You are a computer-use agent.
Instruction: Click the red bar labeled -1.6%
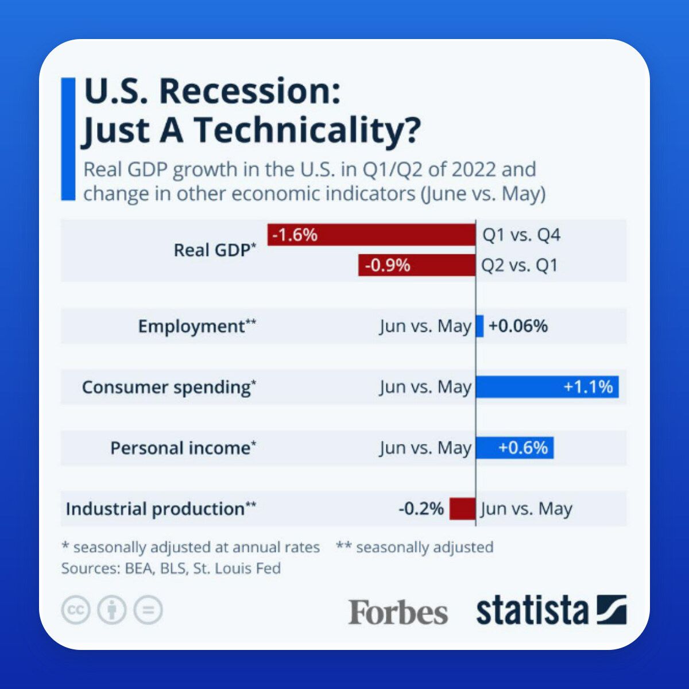(371, 235)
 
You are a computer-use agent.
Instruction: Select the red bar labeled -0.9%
(417, 265)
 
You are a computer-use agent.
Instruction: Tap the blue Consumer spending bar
(547, 387)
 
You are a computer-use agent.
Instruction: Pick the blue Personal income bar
(515, 448)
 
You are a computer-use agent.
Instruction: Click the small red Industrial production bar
(463, 509)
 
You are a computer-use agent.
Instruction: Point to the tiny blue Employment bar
(480, 326)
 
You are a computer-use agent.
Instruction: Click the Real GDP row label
(215, 250)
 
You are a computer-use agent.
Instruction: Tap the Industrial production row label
(161, 509)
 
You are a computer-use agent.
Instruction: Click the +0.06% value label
(518, 326)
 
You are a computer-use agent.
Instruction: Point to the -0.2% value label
(421, 509)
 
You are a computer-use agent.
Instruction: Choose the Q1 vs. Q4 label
(521, 235)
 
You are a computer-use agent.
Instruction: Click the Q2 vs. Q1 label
(520, 265)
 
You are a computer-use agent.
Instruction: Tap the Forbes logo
(398, 611)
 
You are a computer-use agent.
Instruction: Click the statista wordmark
(532, 611)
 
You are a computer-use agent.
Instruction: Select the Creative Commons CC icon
(76, 610)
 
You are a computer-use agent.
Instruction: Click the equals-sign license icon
(148, 610)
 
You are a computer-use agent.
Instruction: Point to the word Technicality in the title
(305, 129)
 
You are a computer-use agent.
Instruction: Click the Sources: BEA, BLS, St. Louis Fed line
(171, 568)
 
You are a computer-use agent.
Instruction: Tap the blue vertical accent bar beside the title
(68, 139)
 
